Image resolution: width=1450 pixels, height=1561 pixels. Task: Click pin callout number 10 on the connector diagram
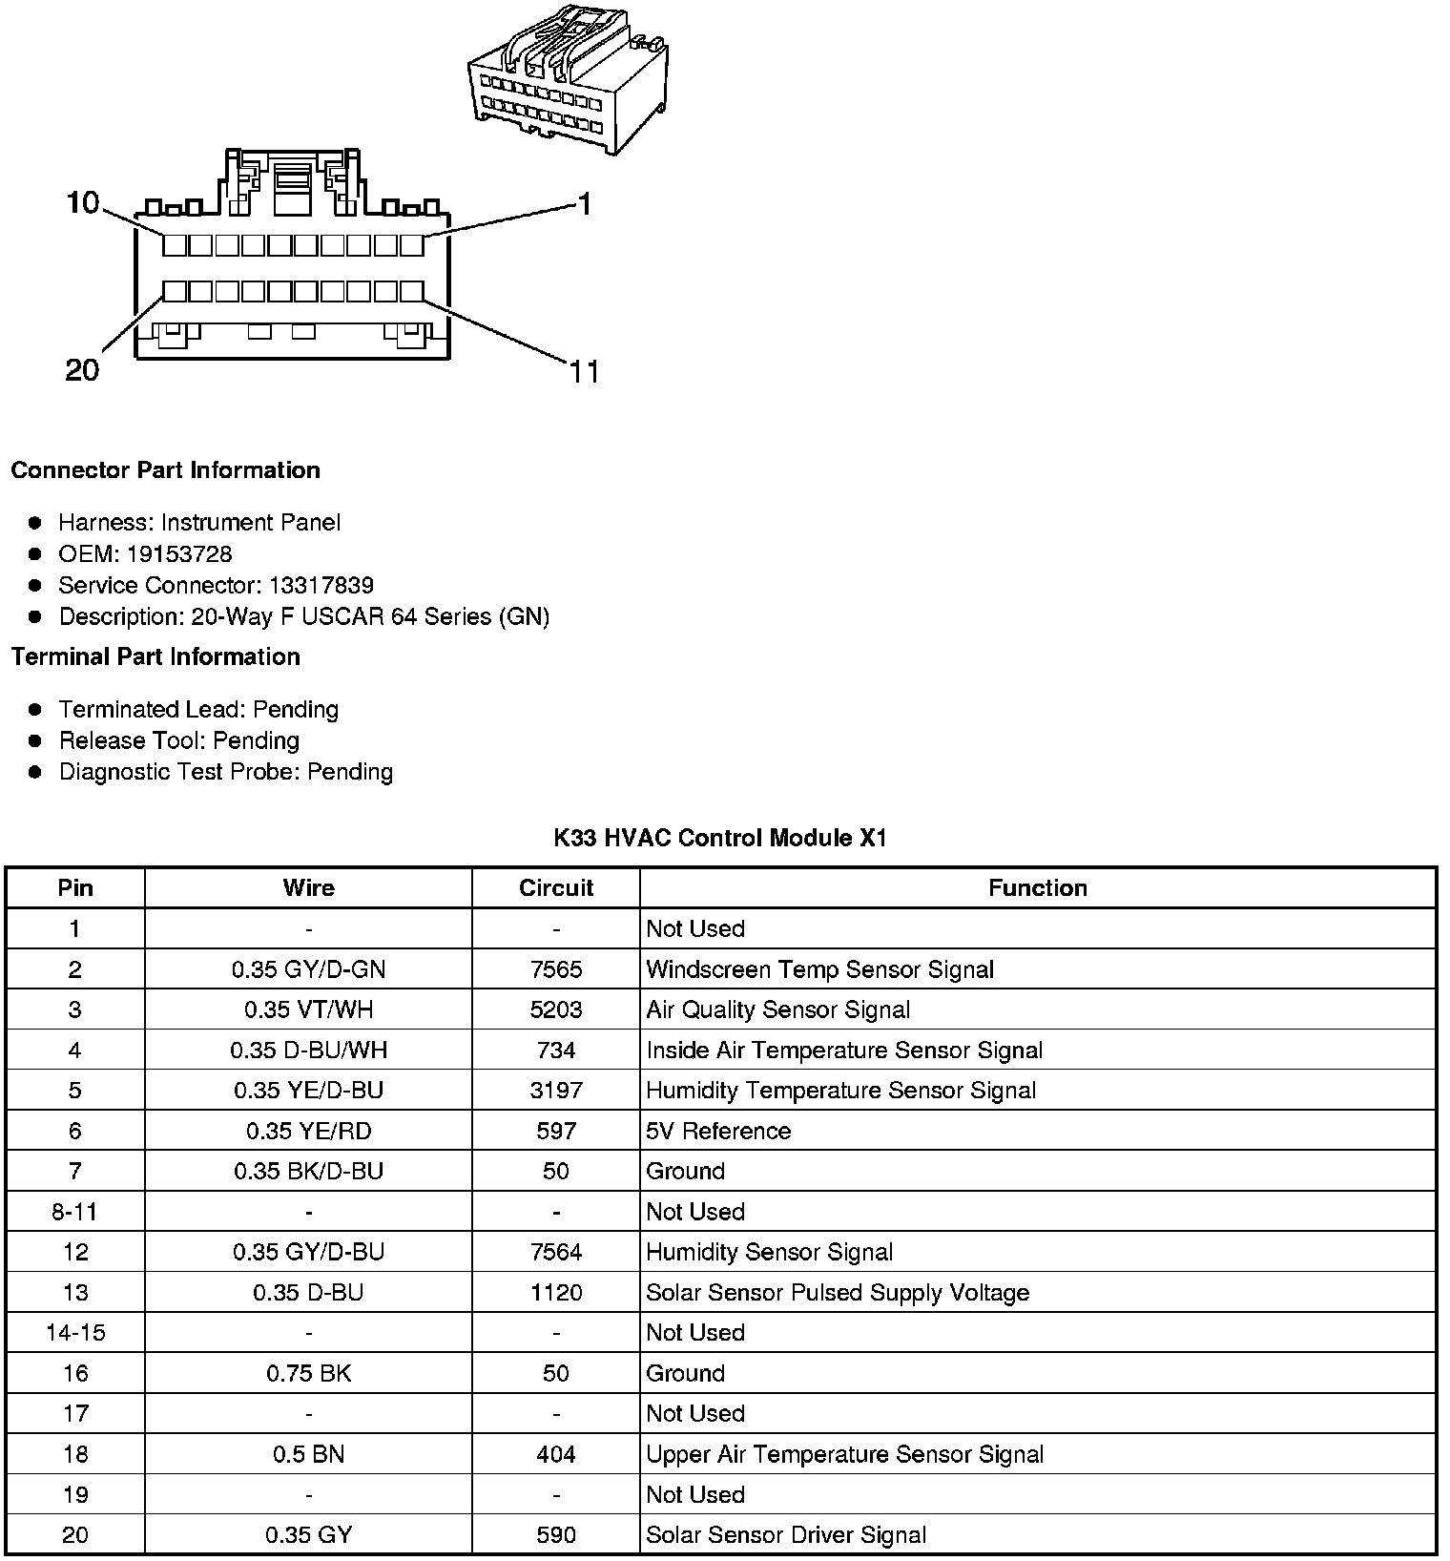(83, 202)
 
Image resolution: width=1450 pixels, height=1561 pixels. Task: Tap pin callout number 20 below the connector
(82, 370)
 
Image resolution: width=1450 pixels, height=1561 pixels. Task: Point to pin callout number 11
(584, 371)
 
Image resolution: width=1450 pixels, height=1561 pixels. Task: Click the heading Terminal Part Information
(155, 657)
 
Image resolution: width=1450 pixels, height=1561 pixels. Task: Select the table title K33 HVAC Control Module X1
(720, 839)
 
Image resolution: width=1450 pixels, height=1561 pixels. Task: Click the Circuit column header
(556, 888)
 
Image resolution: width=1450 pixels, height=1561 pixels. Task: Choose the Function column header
(1037, 888)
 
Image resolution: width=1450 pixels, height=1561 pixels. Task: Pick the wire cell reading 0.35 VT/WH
(308, 1009)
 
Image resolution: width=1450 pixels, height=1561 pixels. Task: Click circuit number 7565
(556, 969)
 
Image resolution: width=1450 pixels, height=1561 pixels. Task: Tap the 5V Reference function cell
(718, 1131)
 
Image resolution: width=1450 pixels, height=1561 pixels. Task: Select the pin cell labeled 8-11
(74, 1212)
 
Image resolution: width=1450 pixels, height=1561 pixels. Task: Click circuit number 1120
(556, 1293)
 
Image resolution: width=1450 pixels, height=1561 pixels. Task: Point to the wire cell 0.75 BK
(308, 1374)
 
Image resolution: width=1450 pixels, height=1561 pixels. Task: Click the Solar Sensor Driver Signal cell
(786, 1535)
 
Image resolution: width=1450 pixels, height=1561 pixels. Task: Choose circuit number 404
(556, 1454)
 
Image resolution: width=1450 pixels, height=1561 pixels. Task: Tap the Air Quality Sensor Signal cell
(777, 1009)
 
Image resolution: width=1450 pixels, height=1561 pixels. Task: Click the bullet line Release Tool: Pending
(178, 741)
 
